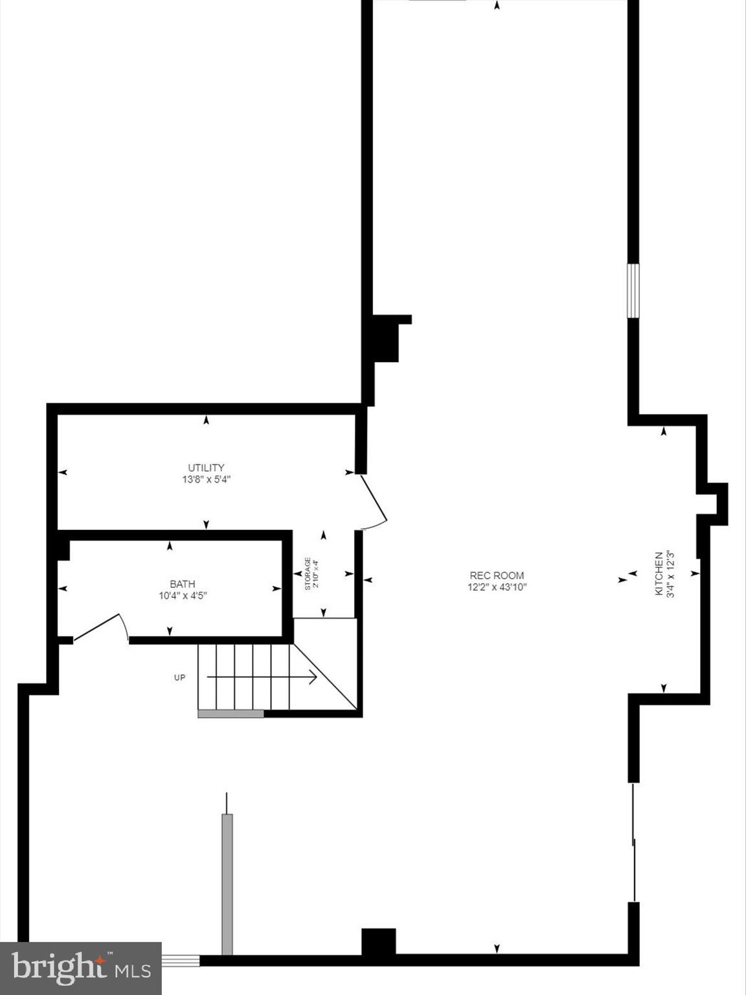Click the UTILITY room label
coord(206,468)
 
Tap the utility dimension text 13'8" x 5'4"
coord(206,480)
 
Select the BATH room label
coord(182,584)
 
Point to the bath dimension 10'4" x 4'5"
coord(182,596)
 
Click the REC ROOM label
coord(497,575)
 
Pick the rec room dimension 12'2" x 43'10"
coord(497,588)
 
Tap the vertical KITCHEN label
coord(659,574)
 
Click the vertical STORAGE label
coord(308,574)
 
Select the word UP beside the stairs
coord(179,678)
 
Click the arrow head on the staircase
coord(312,678)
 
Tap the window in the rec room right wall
coord(633,290)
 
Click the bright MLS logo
coord(80,968)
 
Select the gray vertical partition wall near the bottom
coord(227,884)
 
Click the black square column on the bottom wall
coord(378,942)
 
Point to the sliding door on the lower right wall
coord(634,842)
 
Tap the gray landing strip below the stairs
coord(231,714)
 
